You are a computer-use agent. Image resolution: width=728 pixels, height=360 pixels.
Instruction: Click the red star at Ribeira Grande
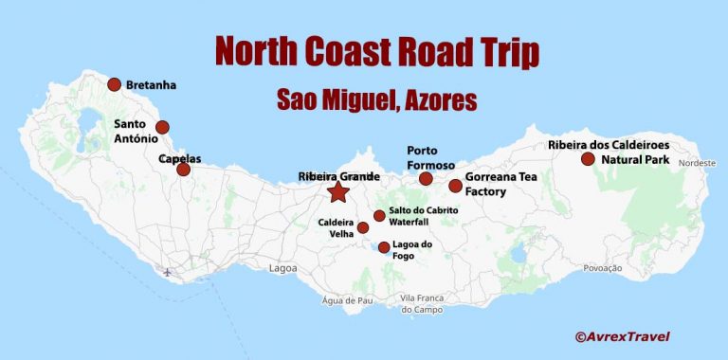[x=337, y=192]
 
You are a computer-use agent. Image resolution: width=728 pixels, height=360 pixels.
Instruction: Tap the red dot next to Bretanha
[x=115, y=84]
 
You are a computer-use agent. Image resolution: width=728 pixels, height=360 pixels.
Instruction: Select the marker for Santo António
[x=162, y=127]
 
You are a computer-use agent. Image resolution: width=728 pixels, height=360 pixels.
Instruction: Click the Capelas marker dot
[x=183, y=170]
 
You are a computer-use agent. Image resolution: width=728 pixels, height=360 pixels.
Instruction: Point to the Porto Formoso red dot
[x=426, y=178]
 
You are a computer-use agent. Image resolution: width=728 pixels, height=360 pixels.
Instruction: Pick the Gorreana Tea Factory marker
[x=455, y=186]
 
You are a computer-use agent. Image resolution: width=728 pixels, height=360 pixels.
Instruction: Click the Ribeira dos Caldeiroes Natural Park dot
[x=587, y=159]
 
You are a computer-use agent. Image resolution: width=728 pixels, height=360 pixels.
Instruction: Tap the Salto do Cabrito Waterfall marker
[x=379, y=216]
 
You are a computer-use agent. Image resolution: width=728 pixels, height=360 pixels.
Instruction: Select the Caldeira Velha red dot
[x=363, y=227]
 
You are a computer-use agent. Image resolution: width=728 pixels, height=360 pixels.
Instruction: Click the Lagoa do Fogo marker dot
[x=384, y=247]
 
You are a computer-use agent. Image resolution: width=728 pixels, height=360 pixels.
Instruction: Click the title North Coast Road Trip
[x=376, y=52]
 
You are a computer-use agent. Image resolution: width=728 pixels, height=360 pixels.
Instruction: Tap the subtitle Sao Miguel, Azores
[x=376, y=99]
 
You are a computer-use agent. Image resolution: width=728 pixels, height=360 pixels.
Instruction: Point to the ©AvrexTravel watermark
[x=621, y=335]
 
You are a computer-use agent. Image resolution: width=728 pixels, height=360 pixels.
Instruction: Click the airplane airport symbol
[x=168, y=273]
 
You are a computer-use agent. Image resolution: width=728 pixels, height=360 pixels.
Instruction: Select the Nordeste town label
[x=696, y=162]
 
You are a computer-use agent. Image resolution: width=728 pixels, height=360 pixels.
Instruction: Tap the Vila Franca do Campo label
[x=423, y=304]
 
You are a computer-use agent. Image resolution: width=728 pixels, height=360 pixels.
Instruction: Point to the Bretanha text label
[x=151, y=85]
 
